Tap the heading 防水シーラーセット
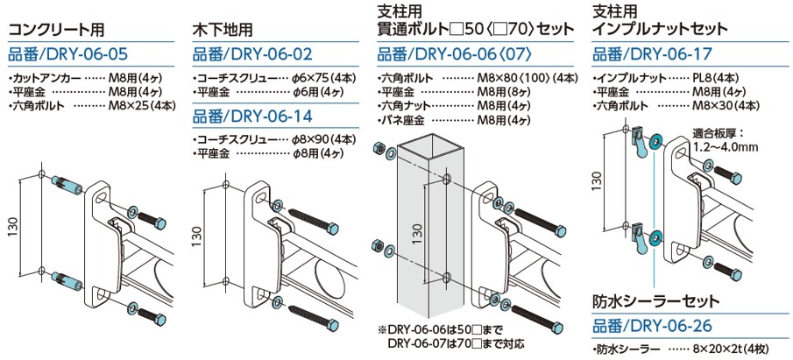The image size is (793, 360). tap(655, 301)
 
